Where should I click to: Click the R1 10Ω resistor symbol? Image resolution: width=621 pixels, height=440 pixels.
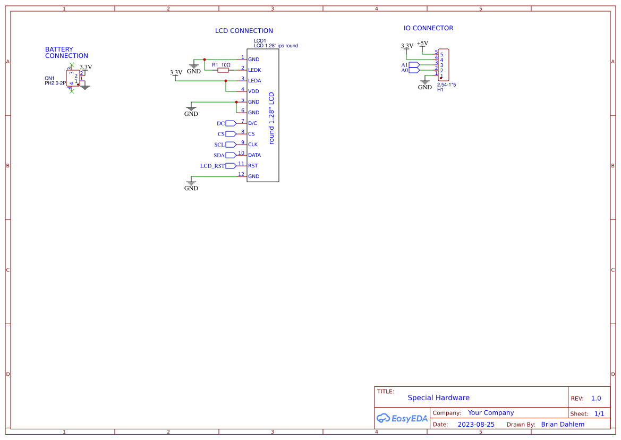click(224, 70)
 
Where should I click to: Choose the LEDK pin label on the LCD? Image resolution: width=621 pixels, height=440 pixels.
click(254, 70)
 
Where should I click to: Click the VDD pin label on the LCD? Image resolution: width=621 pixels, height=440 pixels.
click(253, 91)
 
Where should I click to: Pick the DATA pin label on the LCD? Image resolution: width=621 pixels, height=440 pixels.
click(254, 155)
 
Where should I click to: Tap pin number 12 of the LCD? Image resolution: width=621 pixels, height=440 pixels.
click(241, 174)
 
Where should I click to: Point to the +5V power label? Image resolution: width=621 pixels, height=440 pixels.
click(422, 44)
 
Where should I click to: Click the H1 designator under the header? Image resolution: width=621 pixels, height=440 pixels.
click(440, 90)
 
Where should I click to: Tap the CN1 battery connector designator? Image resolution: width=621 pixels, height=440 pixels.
click(49, 78)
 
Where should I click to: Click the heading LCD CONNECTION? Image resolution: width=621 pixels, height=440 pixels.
click(244, 31)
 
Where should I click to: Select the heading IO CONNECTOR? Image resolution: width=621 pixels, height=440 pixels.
click(428, 28)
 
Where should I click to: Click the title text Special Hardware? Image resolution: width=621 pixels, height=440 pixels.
click(438, 397)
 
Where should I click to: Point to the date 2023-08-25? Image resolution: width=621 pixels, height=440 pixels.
click(476, 425)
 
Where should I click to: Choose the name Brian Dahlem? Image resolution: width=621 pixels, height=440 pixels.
click(563, 425)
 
